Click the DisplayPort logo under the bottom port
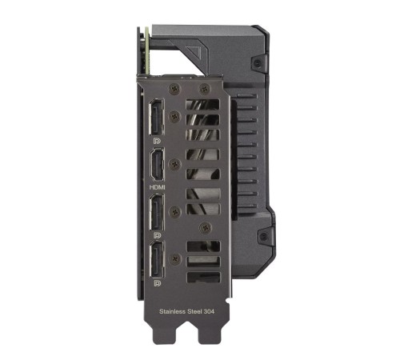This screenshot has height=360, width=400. [x=157, y=282]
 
